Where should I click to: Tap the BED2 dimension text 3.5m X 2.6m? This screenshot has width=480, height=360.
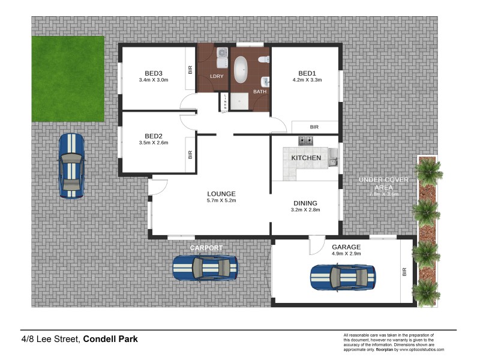tap(153, 143)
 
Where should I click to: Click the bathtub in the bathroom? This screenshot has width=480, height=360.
tap(241, 70)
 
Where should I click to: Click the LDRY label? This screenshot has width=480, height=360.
tap(217, 76)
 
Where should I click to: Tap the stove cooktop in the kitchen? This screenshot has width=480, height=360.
tap(306, 141)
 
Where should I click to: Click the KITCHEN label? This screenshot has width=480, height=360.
tap(306, 158)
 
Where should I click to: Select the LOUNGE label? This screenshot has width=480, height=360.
tap(221, 194)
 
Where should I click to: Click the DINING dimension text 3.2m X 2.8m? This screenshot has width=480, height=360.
tap(305, 209)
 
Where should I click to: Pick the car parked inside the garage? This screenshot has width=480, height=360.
tap(343, 277)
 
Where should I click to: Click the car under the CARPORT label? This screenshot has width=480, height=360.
tap(205, 268)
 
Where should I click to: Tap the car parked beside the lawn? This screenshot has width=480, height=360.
tap(71, 166)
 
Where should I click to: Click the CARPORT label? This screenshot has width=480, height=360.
tap(206, 248)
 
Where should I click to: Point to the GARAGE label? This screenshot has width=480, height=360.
tap(346, 247)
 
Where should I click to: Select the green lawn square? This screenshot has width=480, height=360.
tap(68, 78)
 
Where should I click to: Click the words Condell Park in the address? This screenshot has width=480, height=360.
tap(110, 339)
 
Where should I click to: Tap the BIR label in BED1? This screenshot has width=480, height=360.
tap(314, 127)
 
